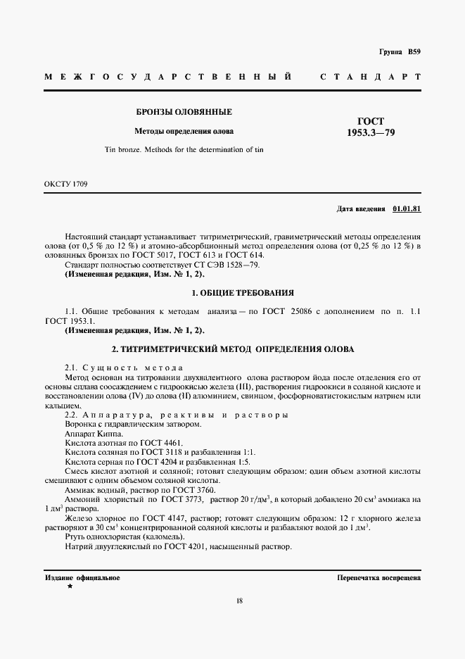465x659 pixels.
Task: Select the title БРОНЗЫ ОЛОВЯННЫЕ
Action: point(184,112)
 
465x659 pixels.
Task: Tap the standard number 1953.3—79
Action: point(371,132)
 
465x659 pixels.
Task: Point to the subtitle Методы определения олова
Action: point(184,131)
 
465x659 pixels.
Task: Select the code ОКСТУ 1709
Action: point(65,184)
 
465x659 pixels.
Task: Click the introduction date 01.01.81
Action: point(406,209)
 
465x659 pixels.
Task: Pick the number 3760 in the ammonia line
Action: point(204,489)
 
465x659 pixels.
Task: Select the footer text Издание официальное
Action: point(82,577)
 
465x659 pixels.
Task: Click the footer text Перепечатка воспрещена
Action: point(378,577)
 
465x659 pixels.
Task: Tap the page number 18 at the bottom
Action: point(240,601)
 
